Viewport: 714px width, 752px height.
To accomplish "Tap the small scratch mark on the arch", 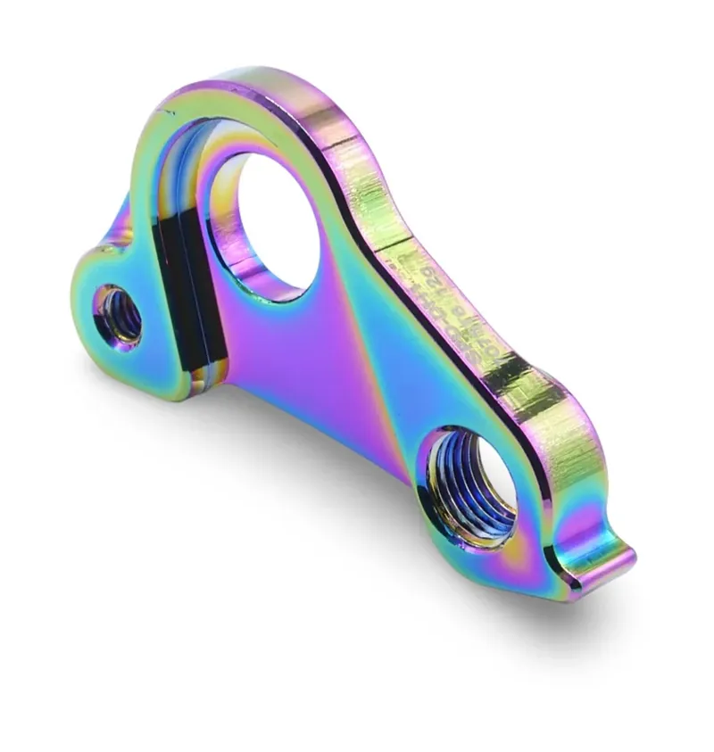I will [165, 111].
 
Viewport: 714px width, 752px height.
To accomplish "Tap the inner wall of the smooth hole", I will [223, 241].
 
